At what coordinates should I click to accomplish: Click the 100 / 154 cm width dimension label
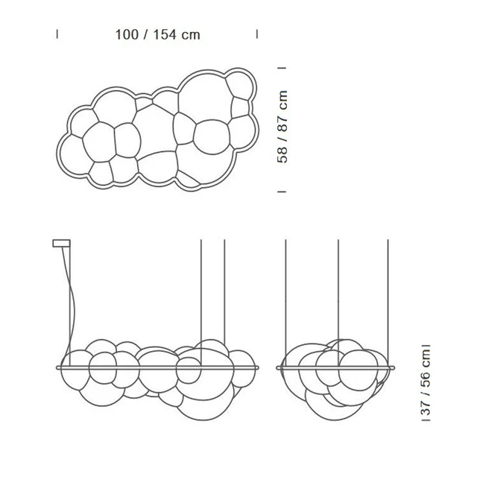pyautogui.click(x=157, y=35)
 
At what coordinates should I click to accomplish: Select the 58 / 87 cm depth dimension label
pyautogui.click(x=282, y=127)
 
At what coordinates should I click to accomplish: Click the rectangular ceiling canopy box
pyautogui.click(x=61, y=243)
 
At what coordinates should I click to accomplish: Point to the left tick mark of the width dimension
pyautogui.click(x=57, y=34)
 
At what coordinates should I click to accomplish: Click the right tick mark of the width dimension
pyautogui.click(x=257, y=34)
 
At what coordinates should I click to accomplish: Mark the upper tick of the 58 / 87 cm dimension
pyautogui.click(x=282, y=68)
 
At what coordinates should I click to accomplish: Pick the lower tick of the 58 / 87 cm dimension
pyautogui.click(x=282, y=192)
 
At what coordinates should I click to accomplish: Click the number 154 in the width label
pyautogui.click(x=165, y=35)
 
